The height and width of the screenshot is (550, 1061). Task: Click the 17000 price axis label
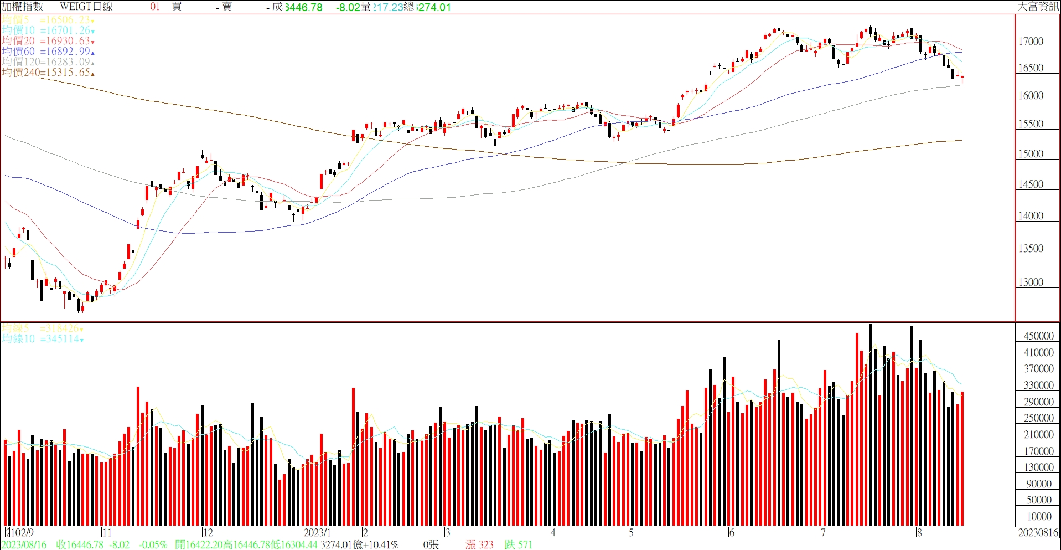tap(1031, 42)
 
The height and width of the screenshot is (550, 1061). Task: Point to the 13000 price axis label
tap(1031, 282)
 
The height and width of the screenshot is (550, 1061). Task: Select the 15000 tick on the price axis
tap(1031, 154)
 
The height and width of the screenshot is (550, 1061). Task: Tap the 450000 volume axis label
tap(1038, 336)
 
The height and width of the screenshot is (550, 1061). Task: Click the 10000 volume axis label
tap(1039, 517)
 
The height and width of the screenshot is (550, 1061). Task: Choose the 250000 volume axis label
tap(1038, 418)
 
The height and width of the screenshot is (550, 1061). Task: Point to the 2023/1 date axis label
tap(317, 533)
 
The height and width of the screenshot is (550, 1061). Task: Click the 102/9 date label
tap(21, 533)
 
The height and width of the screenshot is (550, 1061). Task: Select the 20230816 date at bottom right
tap(1038, 533)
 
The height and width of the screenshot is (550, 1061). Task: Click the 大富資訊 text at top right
tap(1038, 7)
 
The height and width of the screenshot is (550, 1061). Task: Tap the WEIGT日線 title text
tap(86, 7)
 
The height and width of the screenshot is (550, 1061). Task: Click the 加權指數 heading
tap(22, 7)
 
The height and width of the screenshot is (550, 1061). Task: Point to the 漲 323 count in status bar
tap(479, 545)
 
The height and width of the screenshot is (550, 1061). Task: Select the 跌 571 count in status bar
tap(518, 545)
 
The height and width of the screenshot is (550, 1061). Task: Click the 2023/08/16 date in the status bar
tap(24, 545)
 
